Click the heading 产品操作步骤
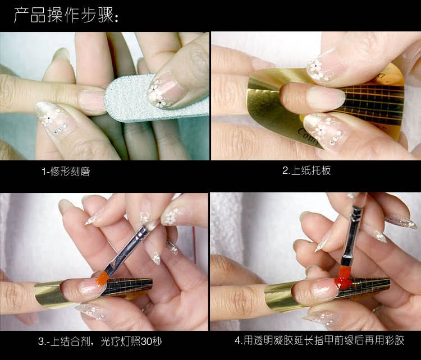tap(66, 15)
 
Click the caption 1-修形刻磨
tap(66, 172)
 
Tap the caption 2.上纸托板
tap(306, 170)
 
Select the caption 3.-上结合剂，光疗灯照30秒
tap(100, 341)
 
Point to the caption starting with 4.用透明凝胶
tap(319, 340)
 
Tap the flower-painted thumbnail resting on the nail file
tap(164, 90)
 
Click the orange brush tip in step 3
tap(102, 279)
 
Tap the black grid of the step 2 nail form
tap(373, 103)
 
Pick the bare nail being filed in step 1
tap(93, 101)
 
